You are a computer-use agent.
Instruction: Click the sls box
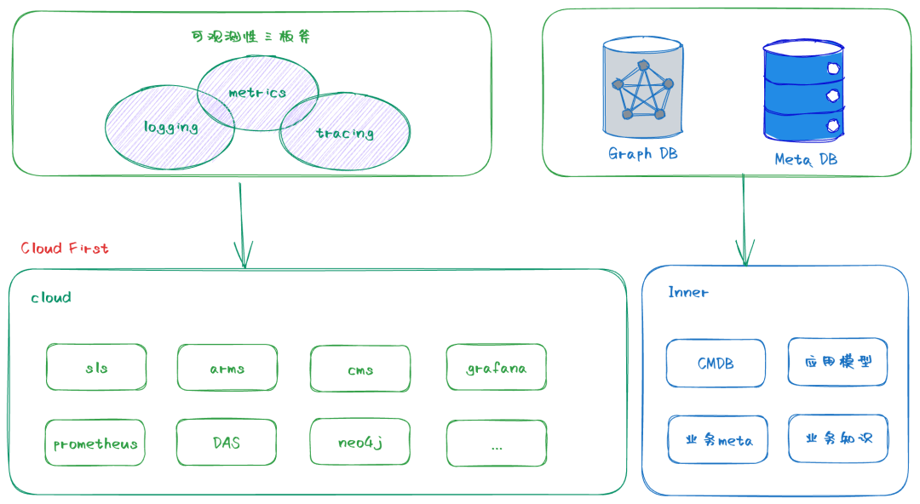click(x=96, y=368)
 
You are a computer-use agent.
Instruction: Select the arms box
click(x=227, y=368)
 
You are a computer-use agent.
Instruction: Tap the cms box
click(x=359, y=369)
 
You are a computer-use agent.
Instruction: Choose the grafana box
click(x=496, y=368)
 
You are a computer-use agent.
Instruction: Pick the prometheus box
click(x=95, y=443)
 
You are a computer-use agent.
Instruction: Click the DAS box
click(x=227, y=443)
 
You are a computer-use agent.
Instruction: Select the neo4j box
click(x=359, y=443)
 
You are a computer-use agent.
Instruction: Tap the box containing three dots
click(x=496, y=444)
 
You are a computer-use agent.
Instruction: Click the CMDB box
click(x=716, y=364)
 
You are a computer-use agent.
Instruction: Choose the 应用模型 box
click(x=838, y=362)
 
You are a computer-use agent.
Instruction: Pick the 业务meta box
click(x=717, y=439)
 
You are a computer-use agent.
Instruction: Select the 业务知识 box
click(x=838, y=438)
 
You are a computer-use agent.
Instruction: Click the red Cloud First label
click(x=65, y=248)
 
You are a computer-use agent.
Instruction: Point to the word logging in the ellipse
click(x=170, y=127)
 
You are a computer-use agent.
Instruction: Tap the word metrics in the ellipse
click(x=257, y=92)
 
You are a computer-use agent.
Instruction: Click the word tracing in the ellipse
click(x=344, y=133)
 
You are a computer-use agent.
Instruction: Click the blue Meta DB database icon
click(x=805, y=92)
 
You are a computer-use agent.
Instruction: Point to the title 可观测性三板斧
click(x=256, y=37)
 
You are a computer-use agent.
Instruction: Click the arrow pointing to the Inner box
click(x=745, y=221)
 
